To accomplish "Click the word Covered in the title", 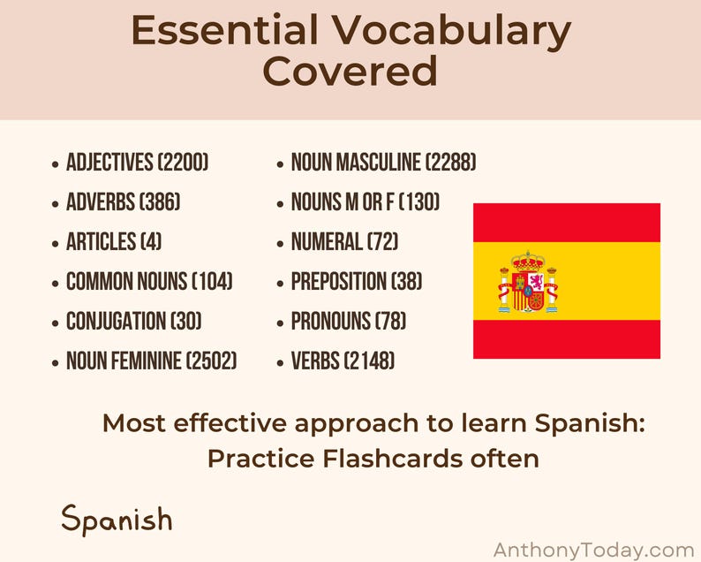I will (x=350, y=72).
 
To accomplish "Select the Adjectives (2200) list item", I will (x=137, y=163).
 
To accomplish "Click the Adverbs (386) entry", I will (x=123, y=202).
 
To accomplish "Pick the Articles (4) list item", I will (x=113, y=242).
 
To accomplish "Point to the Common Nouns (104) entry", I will (x=149, y=282).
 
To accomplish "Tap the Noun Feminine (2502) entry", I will (x=151, y=361).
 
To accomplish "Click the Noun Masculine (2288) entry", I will (x=383, y=163).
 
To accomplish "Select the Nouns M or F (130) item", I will (x=365, y=202).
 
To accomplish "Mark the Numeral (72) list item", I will (x=341, y=242).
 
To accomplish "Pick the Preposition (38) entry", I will (x=356, y=282).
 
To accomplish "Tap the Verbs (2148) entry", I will (x=343, y=361).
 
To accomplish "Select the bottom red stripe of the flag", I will (x=566, y=339).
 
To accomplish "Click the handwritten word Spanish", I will (x=117, y=519).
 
